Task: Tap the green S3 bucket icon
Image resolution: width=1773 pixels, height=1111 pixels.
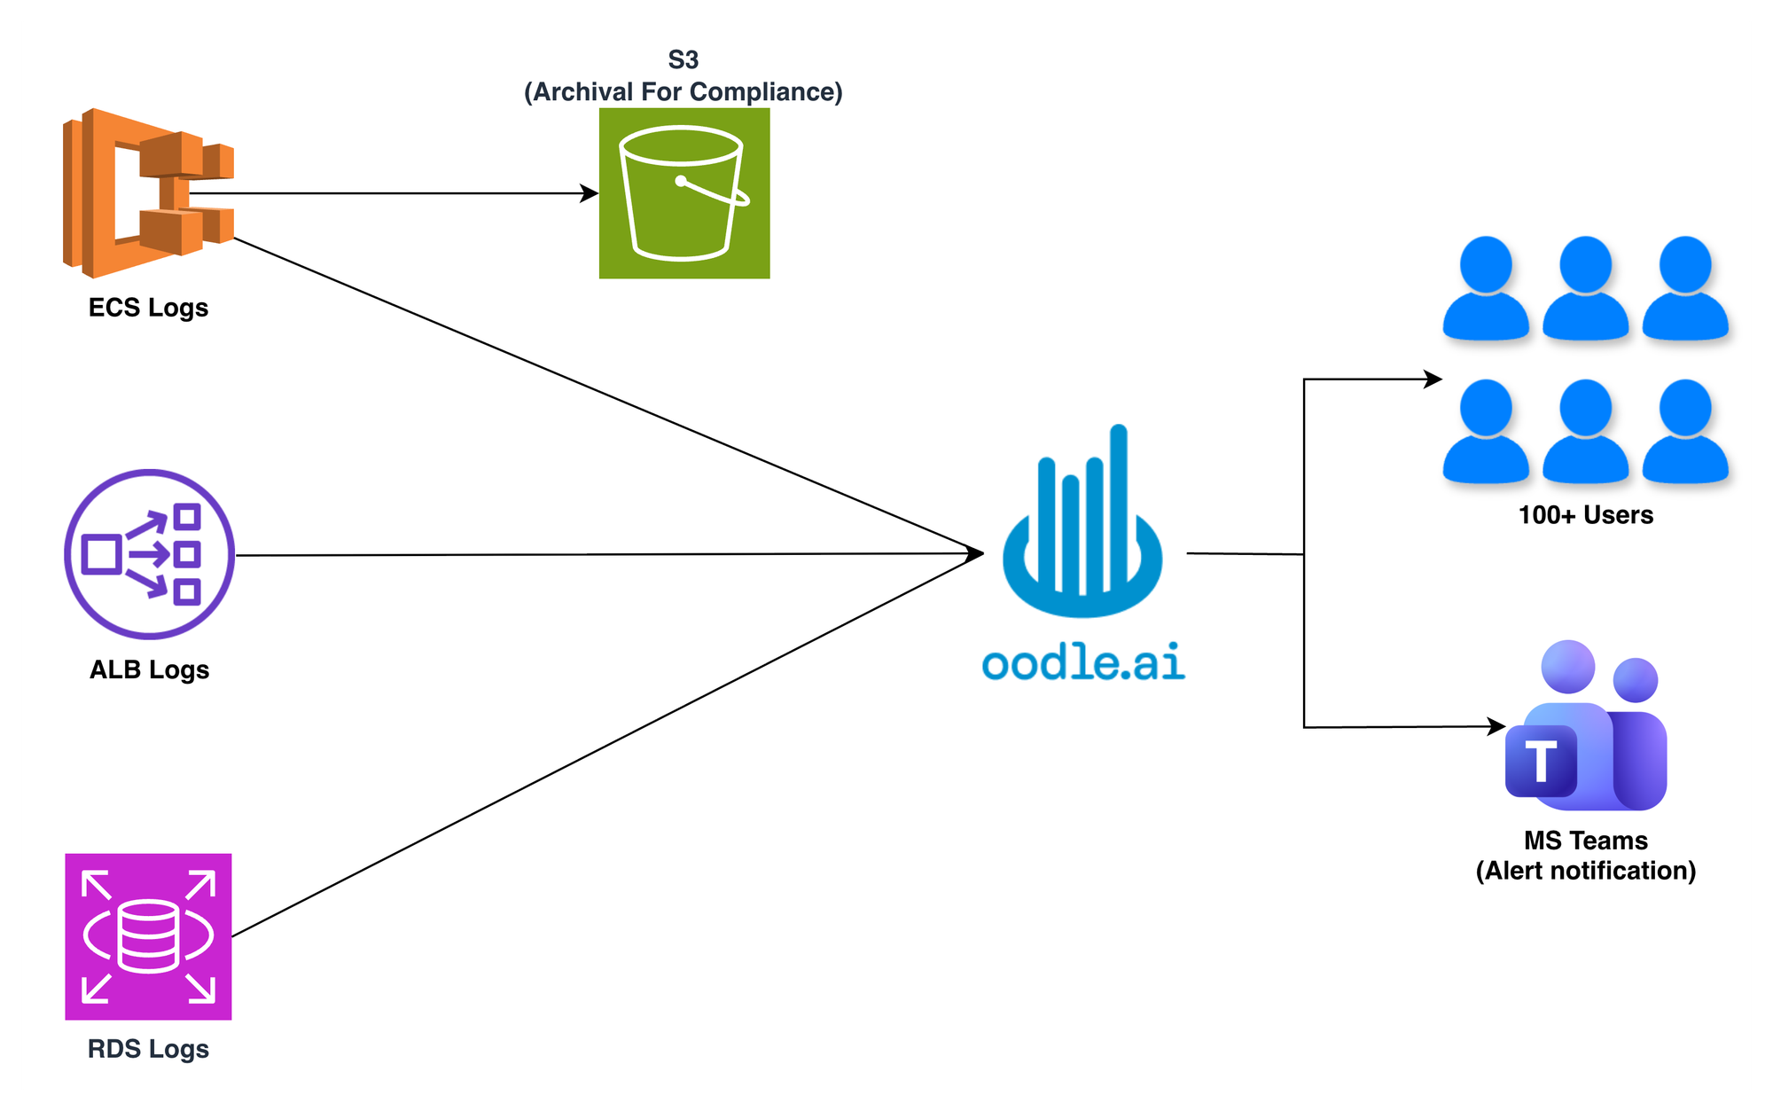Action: [x=683, y=193]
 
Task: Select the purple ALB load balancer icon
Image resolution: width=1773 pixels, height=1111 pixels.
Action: [x=149, y=554]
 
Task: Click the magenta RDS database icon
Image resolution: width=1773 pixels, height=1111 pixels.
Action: [x=148, y=936]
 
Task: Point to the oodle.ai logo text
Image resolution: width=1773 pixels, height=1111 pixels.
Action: [x=1083, y=662]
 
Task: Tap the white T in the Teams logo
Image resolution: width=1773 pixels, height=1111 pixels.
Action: [x=1541, y=761]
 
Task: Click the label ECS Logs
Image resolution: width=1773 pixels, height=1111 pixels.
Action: [x=148, y=308]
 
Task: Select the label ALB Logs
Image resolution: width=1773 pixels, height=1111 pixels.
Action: [x=149, y=669]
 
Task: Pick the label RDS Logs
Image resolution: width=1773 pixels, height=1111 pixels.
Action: [x=148, y=1049]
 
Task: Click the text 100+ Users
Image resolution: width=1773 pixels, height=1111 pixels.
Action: [x=1585, y=515]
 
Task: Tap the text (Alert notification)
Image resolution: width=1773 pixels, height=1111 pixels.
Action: [x=1585, y=871]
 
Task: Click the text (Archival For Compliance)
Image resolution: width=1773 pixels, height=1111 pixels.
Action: [x=683, y=92]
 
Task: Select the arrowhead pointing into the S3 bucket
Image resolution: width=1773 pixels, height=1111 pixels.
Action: [x=590, y=193]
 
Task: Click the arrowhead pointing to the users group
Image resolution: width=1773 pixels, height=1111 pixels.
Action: [x=1433, y=379]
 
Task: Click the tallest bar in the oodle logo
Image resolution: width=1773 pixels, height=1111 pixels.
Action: [x=1119, y=505]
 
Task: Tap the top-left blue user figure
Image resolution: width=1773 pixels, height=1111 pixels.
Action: [x=1486, y=288]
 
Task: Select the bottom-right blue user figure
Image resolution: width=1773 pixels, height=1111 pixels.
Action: [x=1685, y=432]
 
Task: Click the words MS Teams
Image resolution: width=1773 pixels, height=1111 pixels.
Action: [x=1585, y=841]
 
